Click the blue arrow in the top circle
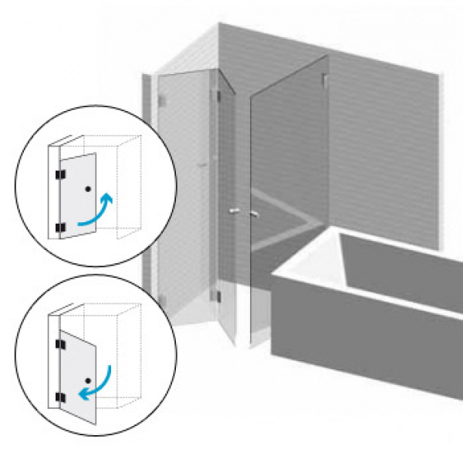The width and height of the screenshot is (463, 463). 99,214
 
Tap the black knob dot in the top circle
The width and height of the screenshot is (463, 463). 90,189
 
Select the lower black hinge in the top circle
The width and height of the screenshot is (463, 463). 59,228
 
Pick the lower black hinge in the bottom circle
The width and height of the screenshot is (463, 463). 59,397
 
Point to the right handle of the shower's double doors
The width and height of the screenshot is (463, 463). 252,211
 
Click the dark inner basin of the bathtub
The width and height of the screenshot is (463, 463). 401,262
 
